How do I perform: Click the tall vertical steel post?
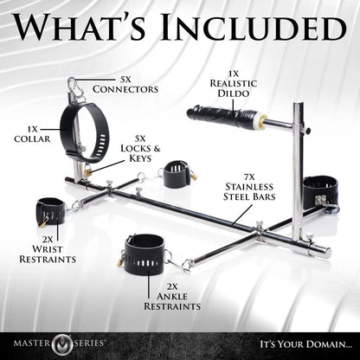click(x=297, y=173)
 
